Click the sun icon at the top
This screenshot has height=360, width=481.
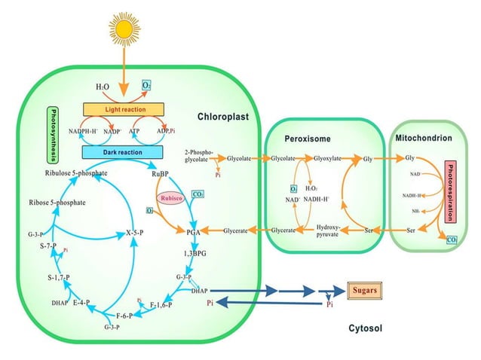124,28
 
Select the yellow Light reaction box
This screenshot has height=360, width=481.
124,110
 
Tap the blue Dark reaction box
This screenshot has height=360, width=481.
124,152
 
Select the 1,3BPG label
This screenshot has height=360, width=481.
195,255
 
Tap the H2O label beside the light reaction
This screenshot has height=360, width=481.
103,87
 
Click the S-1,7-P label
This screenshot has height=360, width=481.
58,278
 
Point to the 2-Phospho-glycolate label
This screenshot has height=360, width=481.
199,155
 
